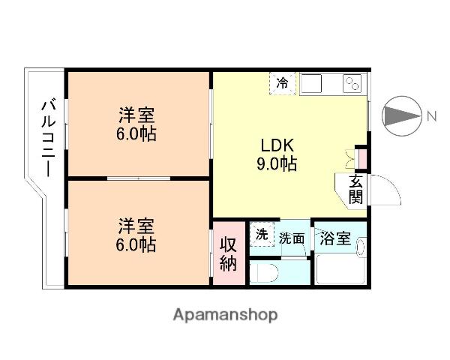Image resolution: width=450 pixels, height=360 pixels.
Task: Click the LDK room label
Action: (x=278, y=145)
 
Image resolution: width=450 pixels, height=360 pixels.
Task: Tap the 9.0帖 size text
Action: (x=278, y=163)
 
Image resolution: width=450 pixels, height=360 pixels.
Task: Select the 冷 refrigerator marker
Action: (x=282, y=83)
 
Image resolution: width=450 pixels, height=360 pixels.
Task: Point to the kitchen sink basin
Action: (x=311, y=83)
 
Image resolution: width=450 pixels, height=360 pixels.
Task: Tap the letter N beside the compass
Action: (x=432, y=116)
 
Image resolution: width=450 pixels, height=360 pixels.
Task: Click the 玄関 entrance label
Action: (x=355, y=190)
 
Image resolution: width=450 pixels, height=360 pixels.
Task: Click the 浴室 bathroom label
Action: (x=335, y=238)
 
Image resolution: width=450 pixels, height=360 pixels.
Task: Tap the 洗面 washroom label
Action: (x=292, y=239)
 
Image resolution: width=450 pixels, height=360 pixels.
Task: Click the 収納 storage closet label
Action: (x=229, y=253)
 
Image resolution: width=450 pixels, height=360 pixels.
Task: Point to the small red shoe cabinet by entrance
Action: (x=361, y=159)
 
